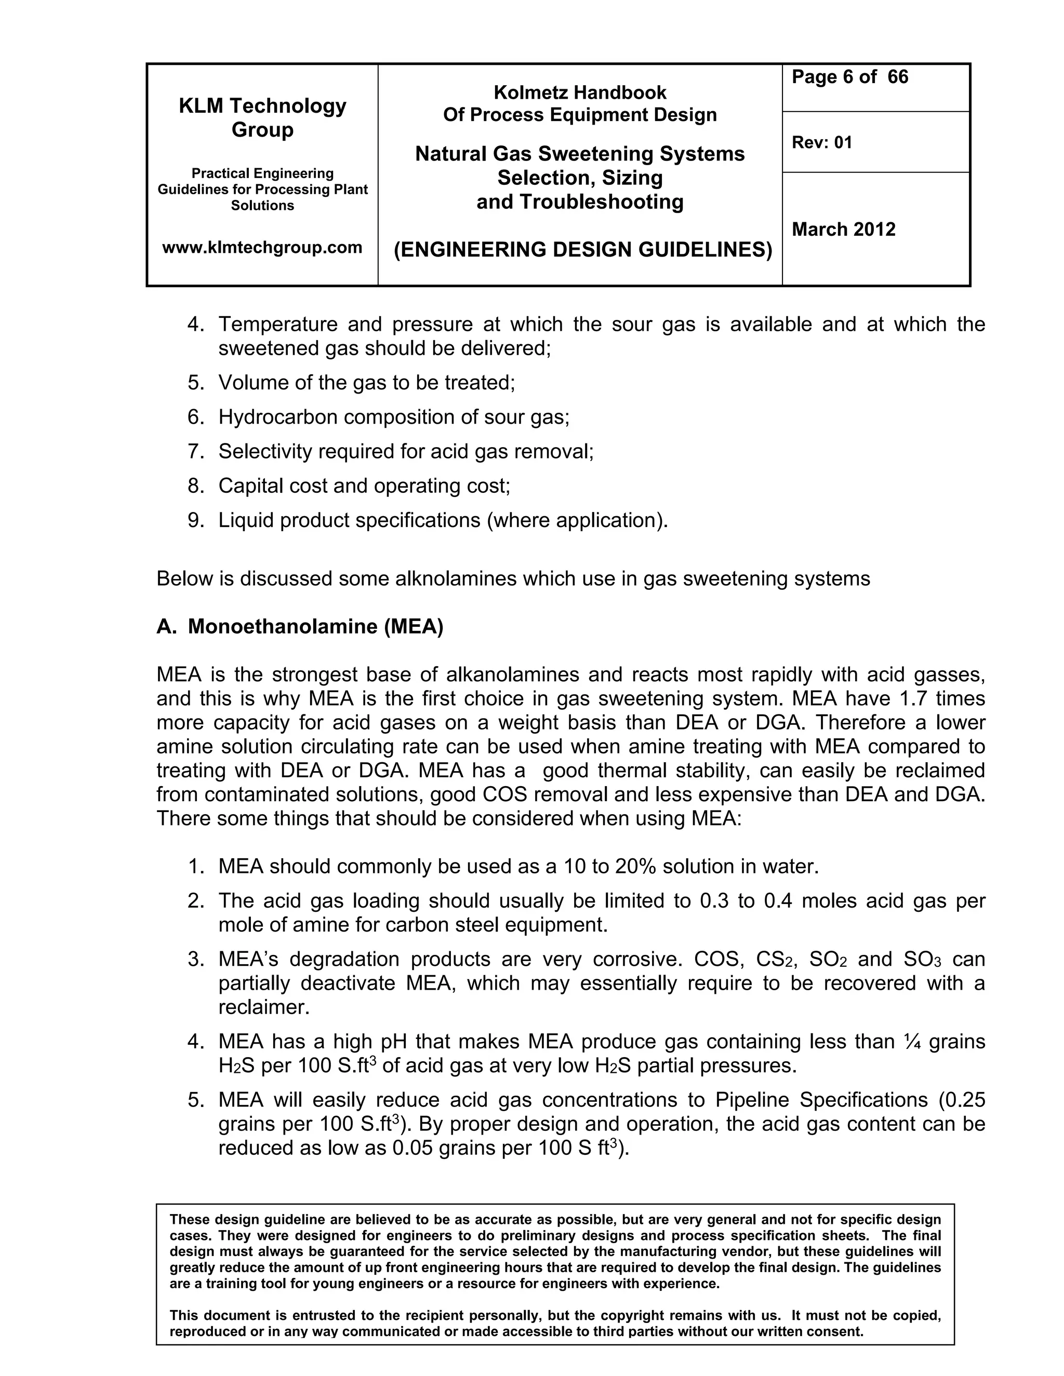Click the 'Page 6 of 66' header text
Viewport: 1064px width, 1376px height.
[x=849, y=77]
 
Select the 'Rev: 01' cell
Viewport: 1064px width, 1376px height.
[x=821, y=142]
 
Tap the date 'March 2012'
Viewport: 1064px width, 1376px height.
[x=843, y=230]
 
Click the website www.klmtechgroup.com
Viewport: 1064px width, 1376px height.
[x=262, y=247]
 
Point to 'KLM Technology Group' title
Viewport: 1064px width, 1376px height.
[x=262, y=117]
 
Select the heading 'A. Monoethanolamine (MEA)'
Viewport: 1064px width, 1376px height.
[x=300, y=626]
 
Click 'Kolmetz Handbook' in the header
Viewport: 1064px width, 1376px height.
[x=579, y=92]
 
